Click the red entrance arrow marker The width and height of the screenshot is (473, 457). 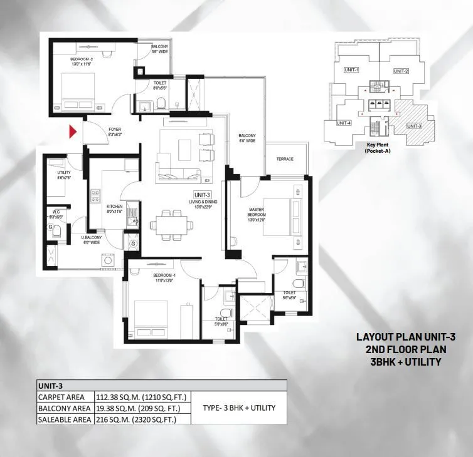(73, 132)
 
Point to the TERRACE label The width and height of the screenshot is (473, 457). (285, 159)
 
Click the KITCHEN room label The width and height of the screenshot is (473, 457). (114, 207)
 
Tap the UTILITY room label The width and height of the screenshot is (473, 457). (64, 175)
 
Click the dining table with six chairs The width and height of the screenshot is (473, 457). (169, 223)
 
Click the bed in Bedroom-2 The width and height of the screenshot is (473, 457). (78, 91)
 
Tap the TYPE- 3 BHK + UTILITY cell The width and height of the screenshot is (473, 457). (239, 408)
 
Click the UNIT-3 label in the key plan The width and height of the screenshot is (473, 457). (413, 126)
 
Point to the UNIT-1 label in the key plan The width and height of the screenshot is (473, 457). (352, 70)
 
